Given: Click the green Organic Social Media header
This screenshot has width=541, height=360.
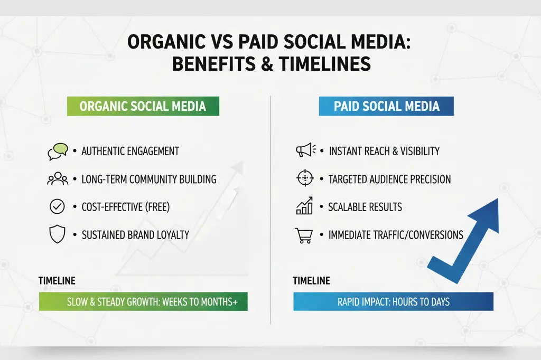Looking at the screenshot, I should tap(142, 106).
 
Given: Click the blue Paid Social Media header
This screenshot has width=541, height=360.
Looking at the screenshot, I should tap(386, 106).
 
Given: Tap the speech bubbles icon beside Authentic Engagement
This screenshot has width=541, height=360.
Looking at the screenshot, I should tap(58, 151).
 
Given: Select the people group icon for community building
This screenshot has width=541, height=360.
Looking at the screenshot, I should tap(58, 179).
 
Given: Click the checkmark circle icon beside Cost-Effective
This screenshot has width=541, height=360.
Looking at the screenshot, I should tap(57, 207).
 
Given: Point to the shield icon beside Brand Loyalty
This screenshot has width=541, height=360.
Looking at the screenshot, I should tap(57, 235).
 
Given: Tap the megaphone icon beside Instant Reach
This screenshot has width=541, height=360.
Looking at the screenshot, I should tap(305, 151).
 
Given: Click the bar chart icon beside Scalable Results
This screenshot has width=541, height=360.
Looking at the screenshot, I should tap(304, 207).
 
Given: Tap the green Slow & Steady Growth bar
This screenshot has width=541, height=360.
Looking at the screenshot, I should tap(143, 302).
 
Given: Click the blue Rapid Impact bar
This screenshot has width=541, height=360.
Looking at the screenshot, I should tap(393, 302).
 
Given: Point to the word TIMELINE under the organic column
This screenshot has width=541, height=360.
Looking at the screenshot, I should tap(57, 281).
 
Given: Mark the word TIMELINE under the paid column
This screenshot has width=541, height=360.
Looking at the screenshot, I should tap(312, 281).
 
